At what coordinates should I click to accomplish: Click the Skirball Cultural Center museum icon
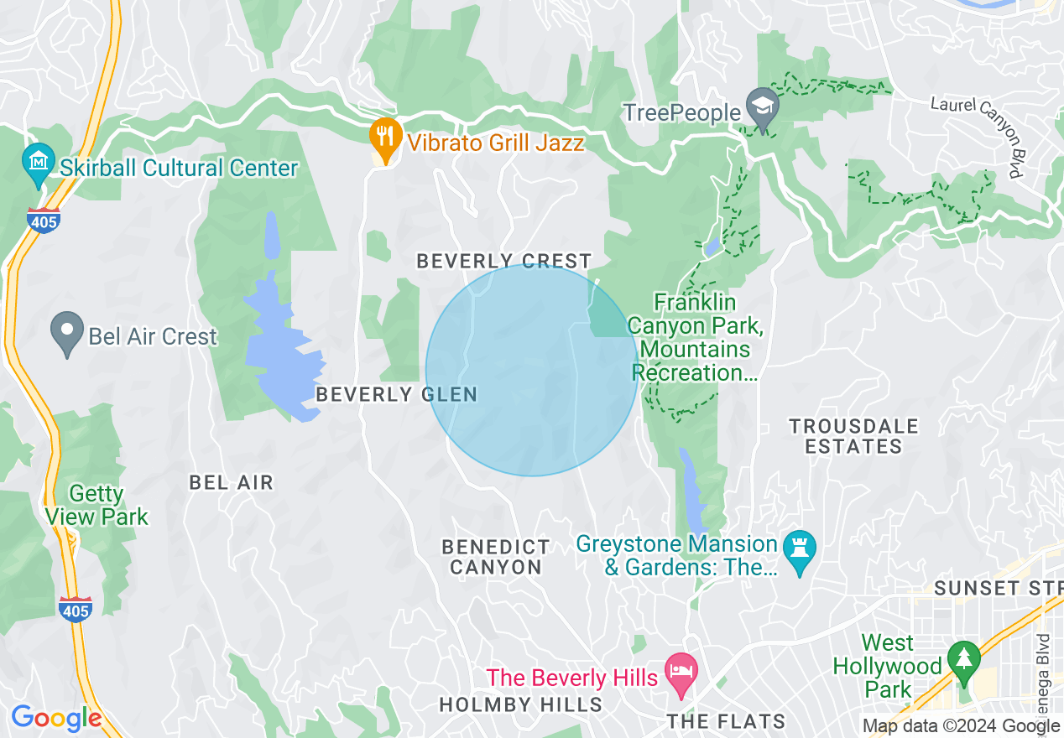tap(37, 159)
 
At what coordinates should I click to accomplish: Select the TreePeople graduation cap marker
tap(763, 107)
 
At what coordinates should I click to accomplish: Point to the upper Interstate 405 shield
tap(42, 220)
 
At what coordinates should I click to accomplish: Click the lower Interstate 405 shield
tap(76, 609)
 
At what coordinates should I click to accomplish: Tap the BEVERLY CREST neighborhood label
tap(504, 261)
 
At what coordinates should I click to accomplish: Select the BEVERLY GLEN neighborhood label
tap(396, 394)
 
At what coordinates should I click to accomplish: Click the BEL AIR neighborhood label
tap(232, 482)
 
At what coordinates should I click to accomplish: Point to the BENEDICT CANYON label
tap(496, 557)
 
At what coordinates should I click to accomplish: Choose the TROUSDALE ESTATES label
tap(853, 436)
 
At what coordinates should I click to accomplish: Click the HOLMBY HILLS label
tap(520, 704)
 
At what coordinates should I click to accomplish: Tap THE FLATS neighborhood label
tap(726, 721)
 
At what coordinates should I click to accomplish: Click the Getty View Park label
tap(96, 505)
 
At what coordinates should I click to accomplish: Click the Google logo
tap(56, 718)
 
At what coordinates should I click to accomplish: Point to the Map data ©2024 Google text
tap(961, 726)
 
